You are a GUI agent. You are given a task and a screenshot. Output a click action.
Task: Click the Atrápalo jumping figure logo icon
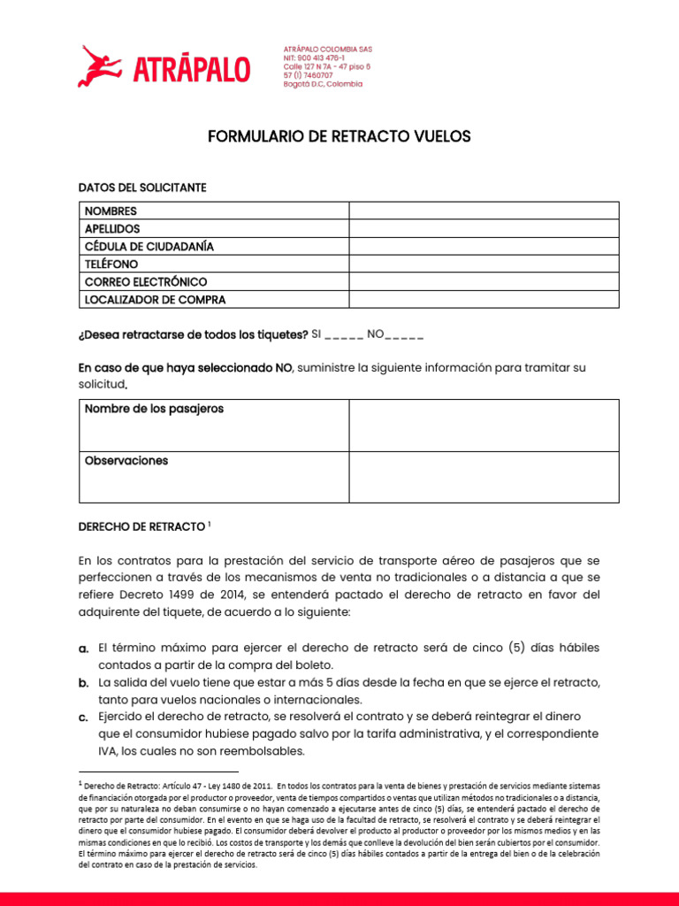pyautogui.click(x=99, y=66)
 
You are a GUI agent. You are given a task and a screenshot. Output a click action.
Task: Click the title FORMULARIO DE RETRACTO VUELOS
pyautogui.click(x=339, y=136)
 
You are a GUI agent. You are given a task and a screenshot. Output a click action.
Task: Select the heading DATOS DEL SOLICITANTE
pyautogui.click(x=142, y=188)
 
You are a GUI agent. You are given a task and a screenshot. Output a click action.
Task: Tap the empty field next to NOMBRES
pyautogui.click(x=484, y=211)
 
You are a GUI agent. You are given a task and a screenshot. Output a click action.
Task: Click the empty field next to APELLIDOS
pyautogui.click(x=484, y=228)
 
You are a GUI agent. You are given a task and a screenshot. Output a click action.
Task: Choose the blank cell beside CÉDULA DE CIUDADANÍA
pyautogui.click(x=484, y=246)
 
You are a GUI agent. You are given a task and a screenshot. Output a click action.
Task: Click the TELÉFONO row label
pyautogui.click(x=111, y=264)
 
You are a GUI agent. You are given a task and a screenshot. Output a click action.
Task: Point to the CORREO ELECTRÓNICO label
pyautogui.click(x=146, y=281)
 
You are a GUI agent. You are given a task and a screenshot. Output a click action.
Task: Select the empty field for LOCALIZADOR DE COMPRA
pyautogui.click(x=484, y=299)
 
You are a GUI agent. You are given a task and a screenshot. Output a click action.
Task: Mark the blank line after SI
pyautogui.click(x=345, y=335)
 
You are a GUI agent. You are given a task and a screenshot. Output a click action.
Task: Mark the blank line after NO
pyautogui.click(x=405, y=335)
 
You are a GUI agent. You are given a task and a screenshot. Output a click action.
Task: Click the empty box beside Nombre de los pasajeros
pyautogui.click(x=484, y=425)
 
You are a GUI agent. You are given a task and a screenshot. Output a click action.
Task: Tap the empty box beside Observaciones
pyautogui.click(x=484, y=477)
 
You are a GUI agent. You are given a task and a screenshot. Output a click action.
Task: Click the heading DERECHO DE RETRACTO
pyautogui.click(x=141, y=526)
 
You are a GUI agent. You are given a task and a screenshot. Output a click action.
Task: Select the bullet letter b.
pyautogui.click(x=83, y=684)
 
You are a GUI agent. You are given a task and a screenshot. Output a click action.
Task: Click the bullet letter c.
pyautogui.click(x=83, y=718)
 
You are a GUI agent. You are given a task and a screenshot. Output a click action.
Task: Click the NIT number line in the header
pyautogui.click(x=314, y=57)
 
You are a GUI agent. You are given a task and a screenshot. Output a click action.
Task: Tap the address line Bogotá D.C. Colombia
pyautogui.click(x=323, y=84)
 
